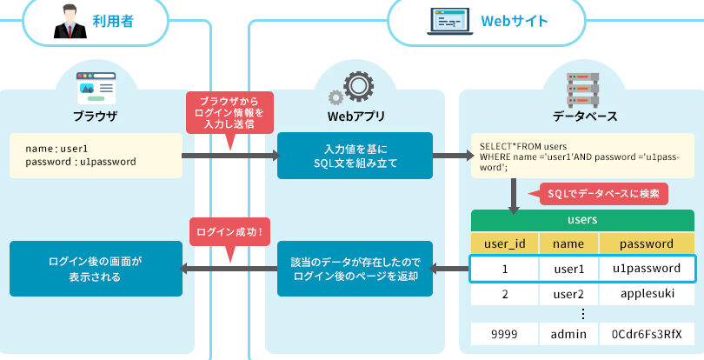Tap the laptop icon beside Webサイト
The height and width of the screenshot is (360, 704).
[446, 21]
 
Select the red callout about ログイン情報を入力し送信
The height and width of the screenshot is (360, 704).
[230, 113]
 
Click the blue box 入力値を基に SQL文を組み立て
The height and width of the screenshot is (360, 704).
[355, 155]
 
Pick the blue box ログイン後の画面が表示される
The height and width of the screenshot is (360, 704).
[96, 268]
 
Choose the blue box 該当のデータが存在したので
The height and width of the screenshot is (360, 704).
[355, 268]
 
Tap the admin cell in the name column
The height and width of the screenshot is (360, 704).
[569, 334]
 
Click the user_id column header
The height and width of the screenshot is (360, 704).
[504, 243]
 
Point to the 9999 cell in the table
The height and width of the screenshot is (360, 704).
[504, 334]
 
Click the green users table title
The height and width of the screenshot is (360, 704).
[581, 220]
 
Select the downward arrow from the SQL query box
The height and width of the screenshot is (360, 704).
[514, 196]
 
